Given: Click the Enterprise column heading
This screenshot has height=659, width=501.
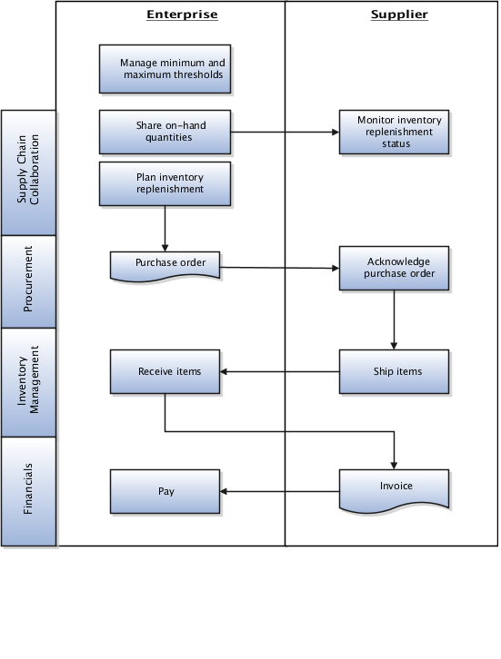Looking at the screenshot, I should click(x=182, y=15).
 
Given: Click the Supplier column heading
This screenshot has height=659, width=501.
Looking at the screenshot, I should click(x=399, y=15).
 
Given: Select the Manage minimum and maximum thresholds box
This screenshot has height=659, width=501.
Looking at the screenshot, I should click(x=165, y=69).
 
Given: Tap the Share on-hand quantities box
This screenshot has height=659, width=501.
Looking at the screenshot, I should click(x=165, y=132).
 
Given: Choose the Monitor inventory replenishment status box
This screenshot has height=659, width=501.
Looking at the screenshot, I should click(x=394, y=132).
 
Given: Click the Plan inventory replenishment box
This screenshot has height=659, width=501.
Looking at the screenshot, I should click(x=165, y=183).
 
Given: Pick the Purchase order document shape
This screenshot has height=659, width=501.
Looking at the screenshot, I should click(x=165, y=264).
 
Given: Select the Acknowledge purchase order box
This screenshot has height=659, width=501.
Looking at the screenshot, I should click(x=394, y=268).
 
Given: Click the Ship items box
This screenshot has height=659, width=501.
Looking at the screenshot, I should click(x=394, y=371).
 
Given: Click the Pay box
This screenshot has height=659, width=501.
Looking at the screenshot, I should click(x=165, y=491).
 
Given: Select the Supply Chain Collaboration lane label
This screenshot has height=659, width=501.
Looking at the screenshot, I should click(x=29, y=172).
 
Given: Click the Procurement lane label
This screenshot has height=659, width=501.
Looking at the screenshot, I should click(x=29, y=281).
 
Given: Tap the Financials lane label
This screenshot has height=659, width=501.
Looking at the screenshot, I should click(x=29, y=490).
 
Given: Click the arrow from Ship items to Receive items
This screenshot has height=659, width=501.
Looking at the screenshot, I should click(x=282, y=371).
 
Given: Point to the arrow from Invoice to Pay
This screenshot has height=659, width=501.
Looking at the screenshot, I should click(x=282, y=492).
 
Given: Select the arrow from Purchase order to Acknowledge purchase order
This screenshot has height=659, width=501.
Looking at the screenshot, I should click(x=282, y=268).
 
